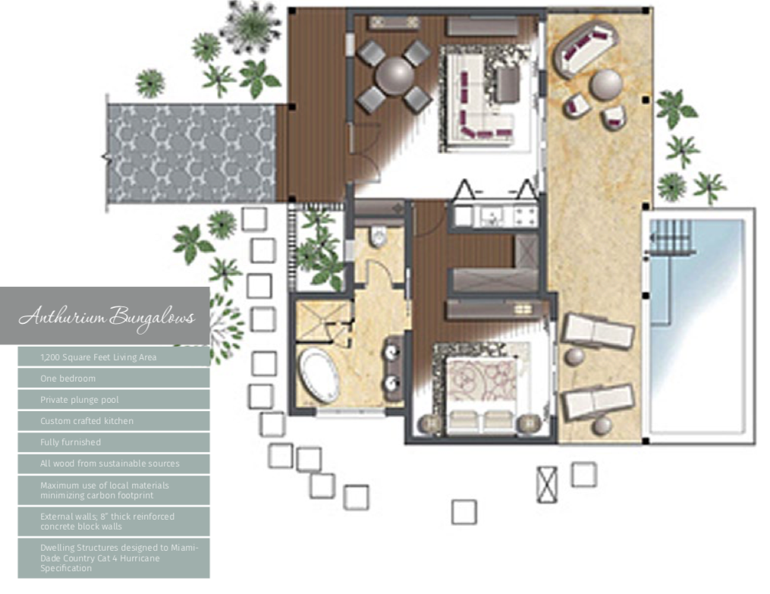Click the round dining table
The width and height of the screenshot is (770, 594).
(x=394, y=75)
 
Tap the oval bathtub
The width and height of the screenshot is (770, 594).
(x=319, y=376)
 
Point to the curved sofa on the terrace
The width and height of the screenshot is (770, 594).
(x=584, y=49)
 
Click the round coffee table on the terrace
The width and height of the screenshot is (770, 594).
(x=606, y=85)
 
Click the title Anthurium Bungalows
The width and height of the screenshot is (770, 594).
(x=106, y=316)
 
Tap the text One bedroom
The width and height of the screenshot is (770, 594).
(x=68, y=379)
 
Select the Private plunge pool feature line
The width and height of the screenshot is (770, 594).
(x=80, y=400)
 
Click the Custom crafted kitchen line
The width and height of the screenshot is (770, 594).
(x=87, y=421)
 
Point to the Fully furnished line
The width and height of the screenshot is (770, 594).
(x=71, y=442)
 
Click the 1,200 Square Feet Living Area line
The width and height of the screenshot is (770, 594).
(x=98, y=357)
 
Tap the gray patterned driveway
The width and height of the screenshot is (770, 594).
(x=191, y=153)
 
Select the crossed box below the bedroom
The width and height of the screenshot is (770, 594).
(x=547, y=485)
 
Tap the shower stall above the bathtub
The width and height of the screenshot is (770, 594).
(x=322, y=321)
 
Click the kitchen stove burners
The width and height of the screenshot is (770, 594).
(x=525, y=216)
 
